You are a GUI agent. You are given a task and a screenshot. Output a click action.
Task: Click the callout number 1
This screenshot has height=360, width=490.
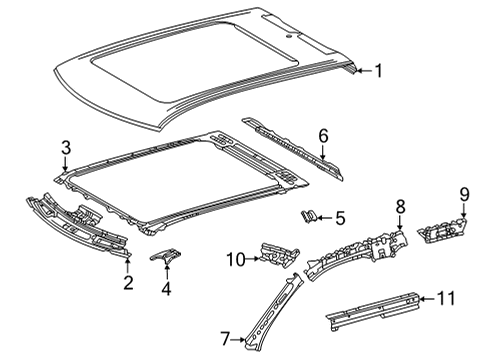pyautogui.click(x=378, y=71)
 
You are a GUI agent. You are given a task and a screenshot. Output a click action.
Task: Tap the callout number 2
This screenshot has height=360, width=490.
pyautogui.click(x=128, y=283)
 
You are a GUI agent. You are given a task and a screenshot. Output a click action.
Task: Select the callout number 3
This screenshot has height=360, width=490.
pyautogui.click(x=66, y=147)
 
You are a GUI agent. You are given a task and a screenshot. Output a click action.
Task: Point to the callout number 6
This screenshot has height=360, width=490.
pyautogui.click(x=323, y=136)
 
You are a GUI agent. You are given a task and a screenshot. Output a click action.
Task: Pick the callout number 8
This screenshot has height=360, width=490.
pyautogui.click(x=400, y=206)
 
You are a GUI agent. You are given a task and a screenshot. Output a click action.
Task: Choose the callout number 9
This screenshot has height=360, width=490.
pyautogui.click(x=464, y=194)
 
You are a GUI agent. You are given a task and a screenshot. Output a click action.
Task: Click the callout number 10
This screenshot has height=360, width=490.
pyautogui.click(x=236, y=259)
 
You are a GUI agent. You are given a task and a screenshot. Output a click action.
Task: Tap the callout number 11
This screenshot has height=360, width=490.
pyautogui.click(x=446, y=298)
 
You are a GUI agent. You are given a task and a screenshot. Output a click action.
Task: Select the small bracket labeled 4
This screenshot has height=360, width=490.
pyautogui.click(x=166, y=256)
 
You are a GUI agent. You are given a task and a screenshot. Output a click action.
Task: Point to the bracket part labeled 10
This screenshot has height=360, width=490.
pyautogui.click(x=279, y=255)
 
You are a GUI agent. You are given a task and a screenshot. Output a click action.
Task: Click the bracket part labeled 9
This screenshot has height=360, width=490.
pyautogui.click(x=442, y=231)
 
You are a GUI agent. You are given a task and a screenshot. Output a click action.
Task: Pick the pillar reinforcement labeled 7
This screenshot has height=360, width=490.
pyautogui.click(x=273, y=313)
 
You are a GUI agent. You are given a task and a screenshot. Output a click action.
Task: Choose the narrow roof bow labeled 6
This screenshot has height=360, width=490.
pyautogui.click(x=292, y=148)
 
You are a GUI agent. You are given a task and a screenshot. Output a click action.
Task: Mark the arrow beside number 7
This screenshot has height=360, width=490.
pyautogui.click(x=238, y=340)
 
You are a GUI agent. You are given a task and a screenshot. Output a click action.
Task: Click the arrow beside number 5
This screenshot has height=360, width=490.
pyautogui.click(x=324, y=218)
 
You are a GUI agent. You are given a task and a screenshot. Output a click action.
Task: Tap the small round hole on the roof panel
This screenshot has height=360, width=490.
pyautogui.click(x=289, y=35)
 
